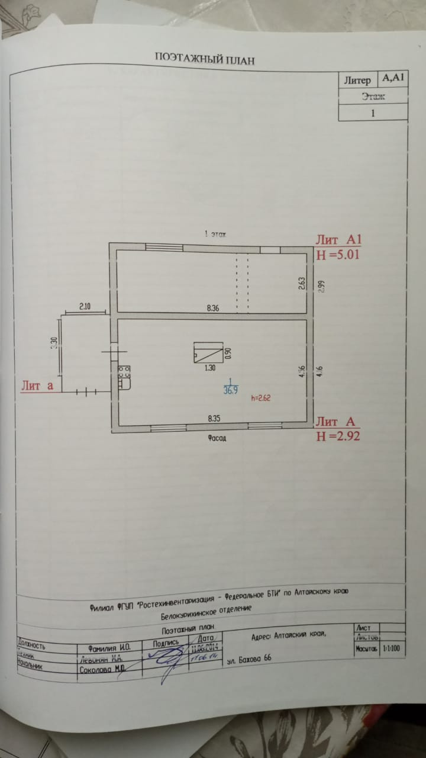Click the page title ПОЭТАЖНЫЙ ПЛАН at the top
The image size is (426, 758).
click(205, 58)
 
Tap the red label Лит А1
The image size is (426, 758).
click(338, 240)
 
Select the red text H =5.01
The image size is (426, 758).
click(338, 255)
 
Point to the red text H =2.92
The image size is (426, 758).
click(338, 436)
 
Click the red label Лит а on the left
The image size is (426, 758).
click(37, 386)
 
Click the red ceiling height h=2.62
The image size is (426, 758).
click(261, 398)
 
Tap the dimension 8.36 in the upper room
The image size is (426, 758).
click(213, 308)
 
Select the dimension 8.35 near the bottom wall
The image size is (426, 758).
click(214, 418)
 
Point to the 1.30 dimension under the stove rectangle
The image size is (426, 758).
click(209, 368)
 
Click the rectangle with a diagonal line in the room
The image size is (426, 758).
click(208, 352)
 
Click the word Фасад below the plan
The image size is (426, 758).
click(217, 439)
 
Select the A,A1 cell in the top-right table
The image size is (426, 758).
click(392, 78)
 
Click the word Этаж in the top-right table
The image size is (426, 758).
click(373, 96)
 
